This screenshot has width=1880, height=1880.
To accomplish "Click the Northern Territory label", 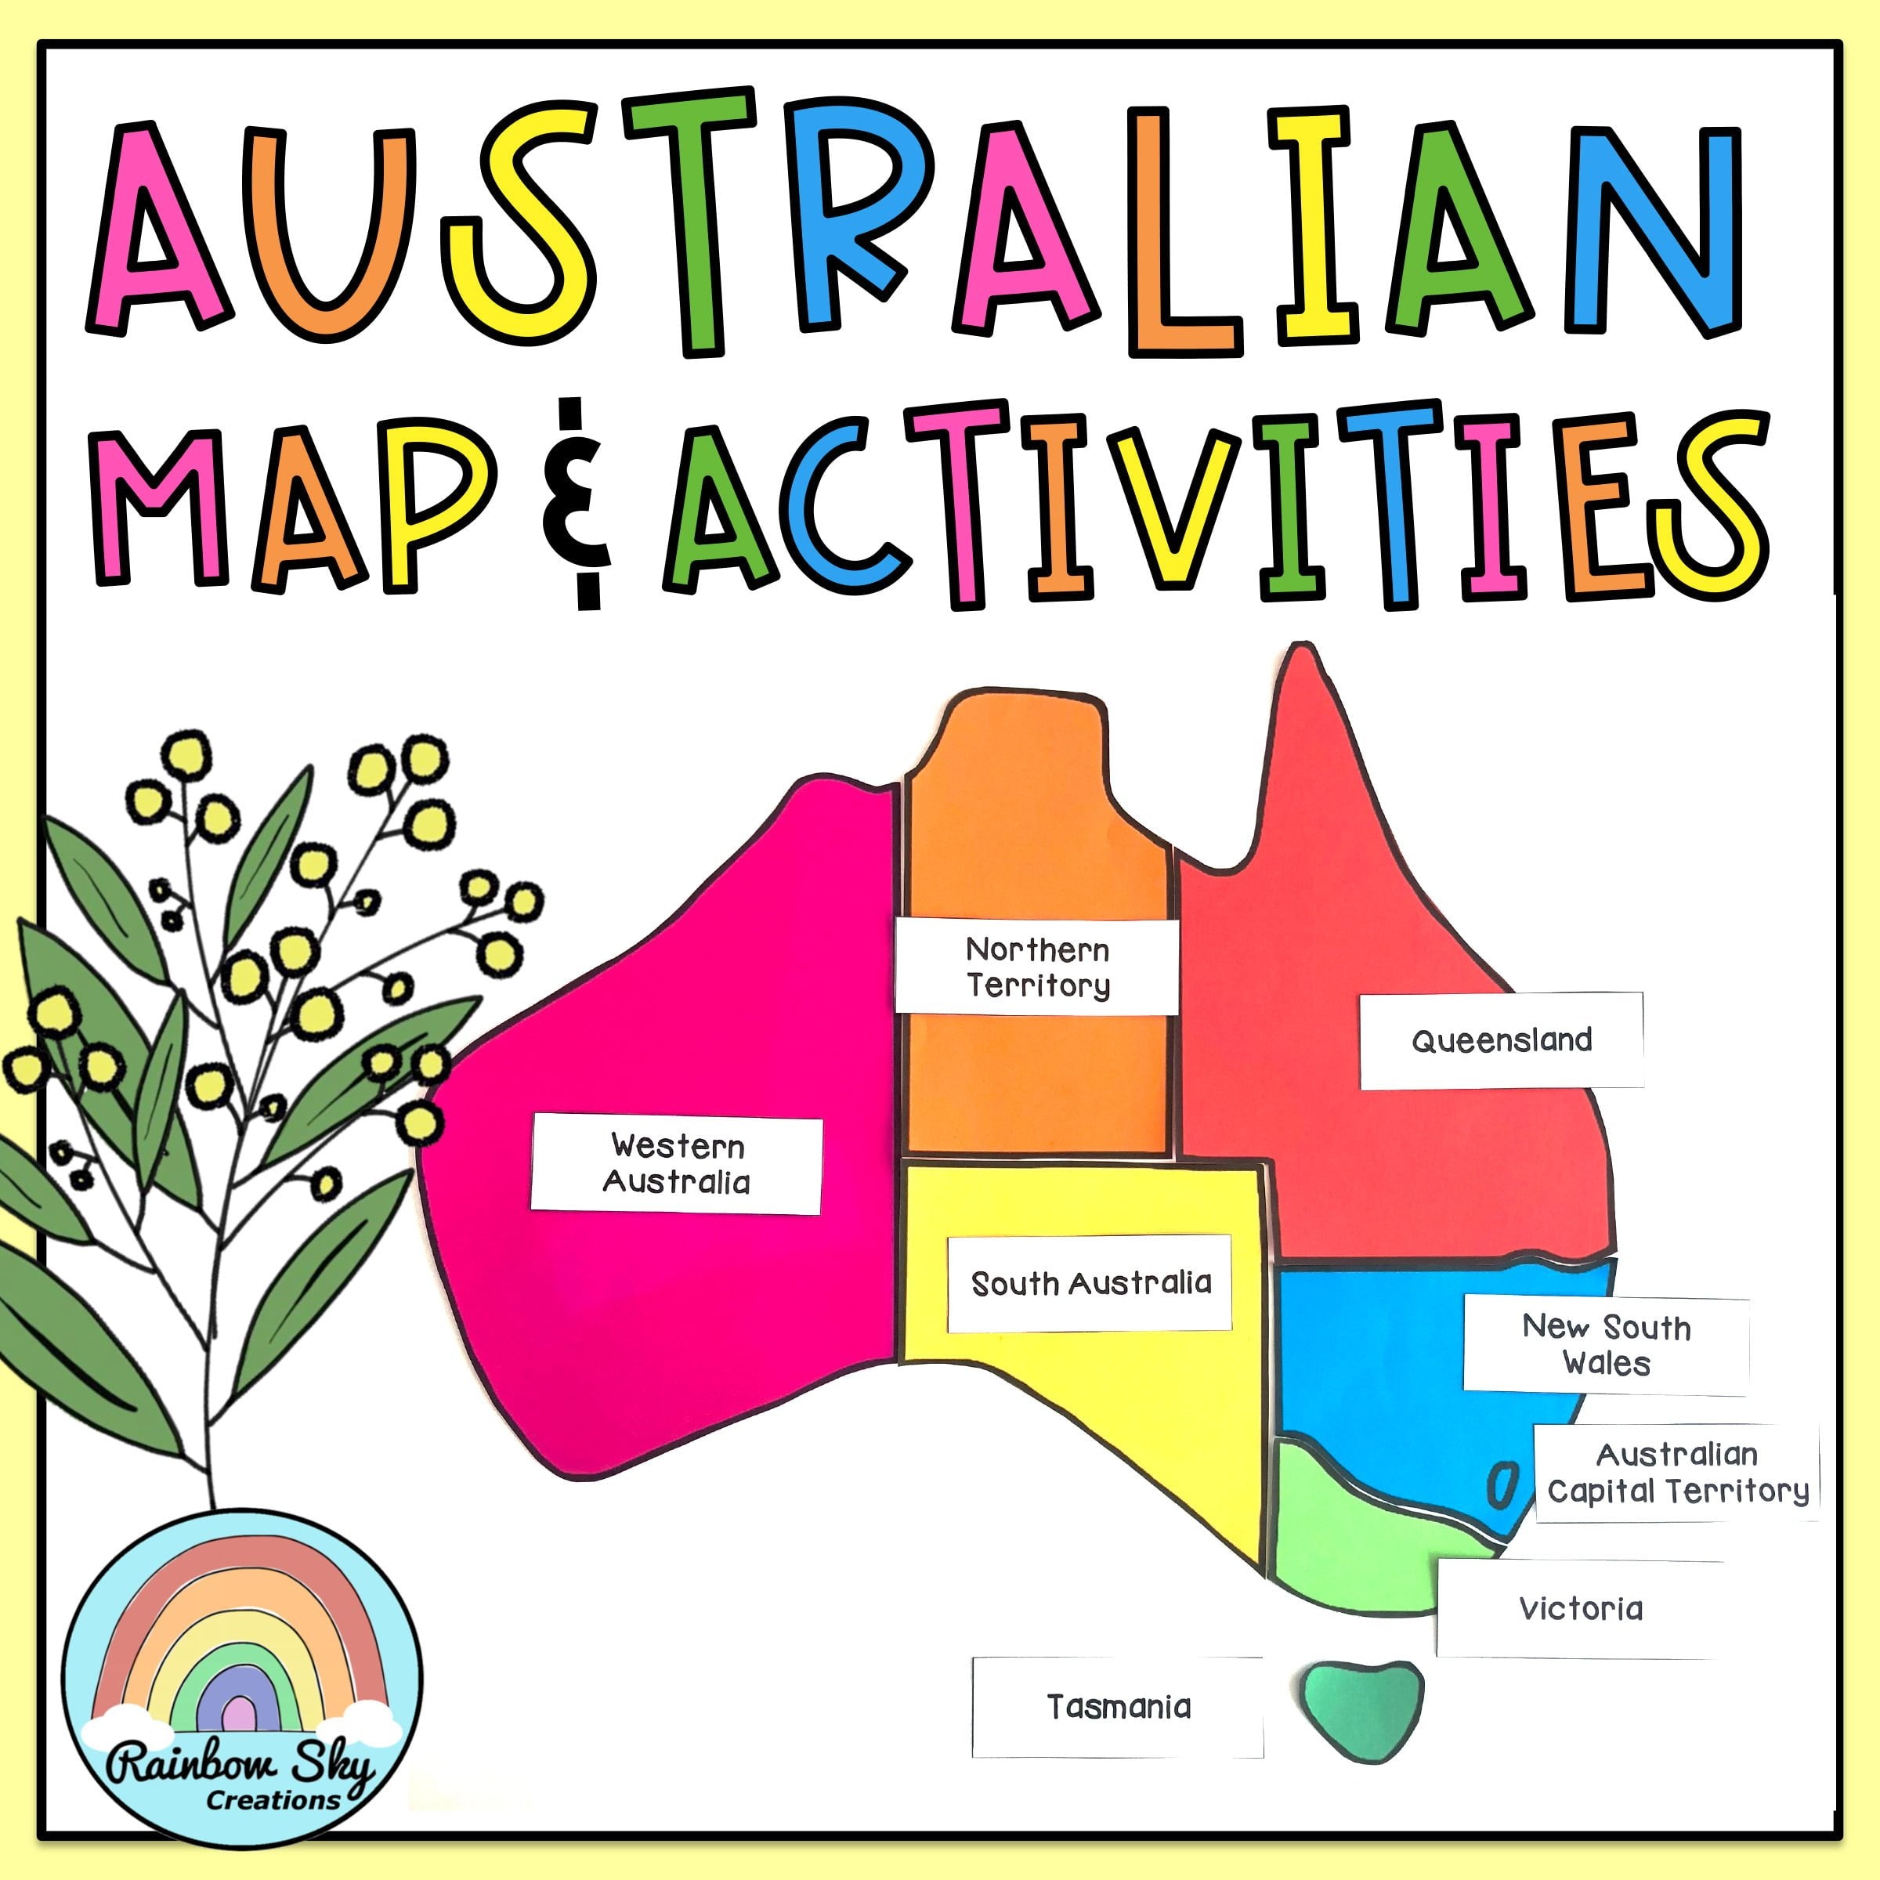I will tap(1037, 967).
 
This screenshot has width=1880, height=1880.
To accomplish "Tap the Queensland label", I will tap(1502, 1040).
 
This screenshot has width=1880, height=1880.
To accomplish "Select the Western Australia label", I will tap(676, 1164).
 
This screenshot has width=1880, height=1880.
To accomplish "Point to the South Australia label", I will tap(1090, 1284).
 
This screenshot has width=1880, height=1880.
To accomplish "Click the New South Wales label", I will tap(1606, 1345).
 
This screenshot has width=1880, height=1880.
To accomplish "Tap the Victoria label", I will tap(1580, 1608).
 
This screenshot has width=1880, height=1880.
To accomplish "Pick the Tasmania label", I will tap(1118, 1706).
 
